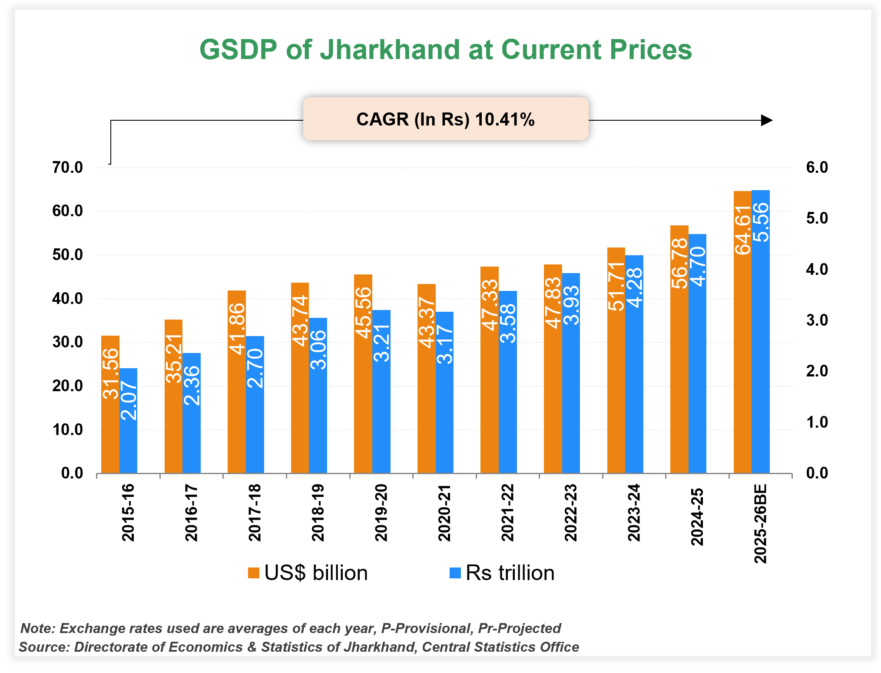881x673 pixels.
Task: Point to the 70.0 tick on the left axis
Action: click(x=67, y=168)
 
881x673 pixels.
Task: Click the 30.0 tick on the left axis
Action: click(x=67, y=342)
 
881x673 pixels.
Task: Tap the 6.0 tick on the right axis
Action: click(x=817, y=168)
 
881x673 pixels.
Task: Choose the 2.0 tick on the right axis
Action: click(x=817, y=371)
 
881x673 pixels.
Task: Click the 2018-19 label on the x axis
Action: click(x=318, y=512)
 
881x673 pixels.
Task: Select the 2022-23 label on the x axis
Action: click(x=570, y=512)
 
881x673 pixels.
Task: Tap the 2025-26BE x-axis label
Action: click(x=760, y=523)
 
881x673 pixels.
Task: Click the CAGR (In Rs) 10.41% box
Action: click(x=445, y=119)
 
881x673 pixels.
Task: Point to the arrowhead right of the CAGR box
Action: click(x=767, y=120)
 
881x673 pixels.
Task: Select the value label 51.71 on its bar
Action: click(x=616, y=287)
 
